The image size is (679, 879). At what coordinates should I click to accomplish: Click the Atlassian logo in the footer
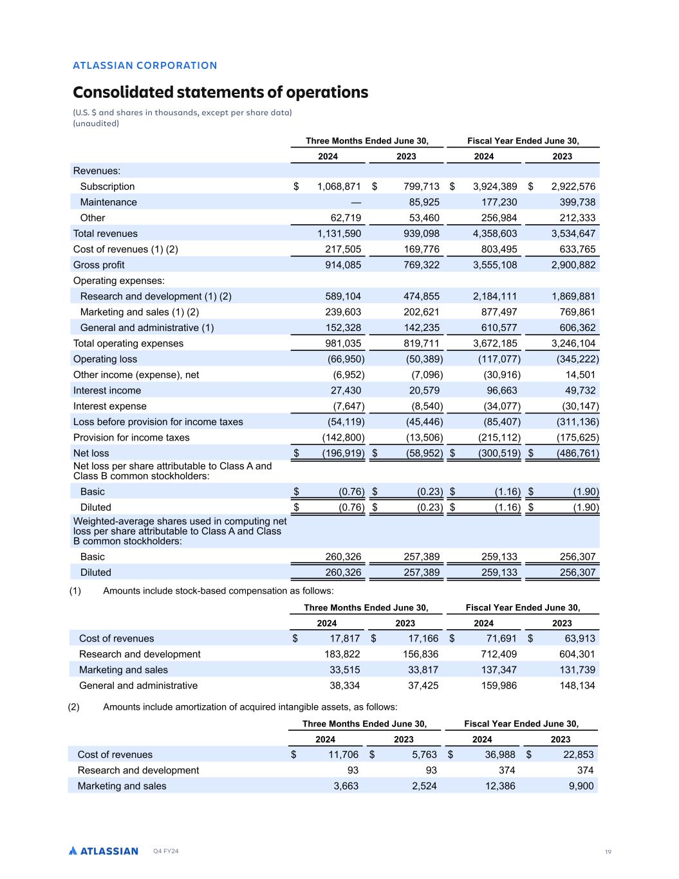[x=104, y=851]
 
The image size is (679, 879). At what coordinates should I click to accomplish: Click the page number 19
[x=608, y=852]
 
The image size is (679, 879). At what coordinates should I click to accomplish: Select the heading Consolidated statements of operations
[x=220, y=92]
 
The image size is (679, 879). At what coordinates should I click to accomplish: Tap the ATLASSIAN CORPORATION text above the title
[x=145, y=65]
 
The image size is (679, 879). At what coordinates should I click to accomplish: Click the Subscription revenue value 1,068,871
[x=339, y=187]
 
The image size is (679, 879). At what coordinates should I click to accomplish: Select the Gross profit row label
[x=98, y=265]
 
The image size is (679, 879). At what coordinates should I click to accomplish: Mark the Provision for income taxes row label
[x=131, y=438]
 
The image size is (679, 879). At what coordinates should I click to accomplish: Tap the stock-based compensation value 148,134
[x=577, y=686]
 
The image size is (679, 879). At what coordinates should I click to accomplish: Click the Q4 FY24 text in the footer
[x=165, y=852]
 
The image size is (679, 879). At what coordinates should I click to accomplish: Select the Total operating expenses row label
[x=128, y=344]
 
